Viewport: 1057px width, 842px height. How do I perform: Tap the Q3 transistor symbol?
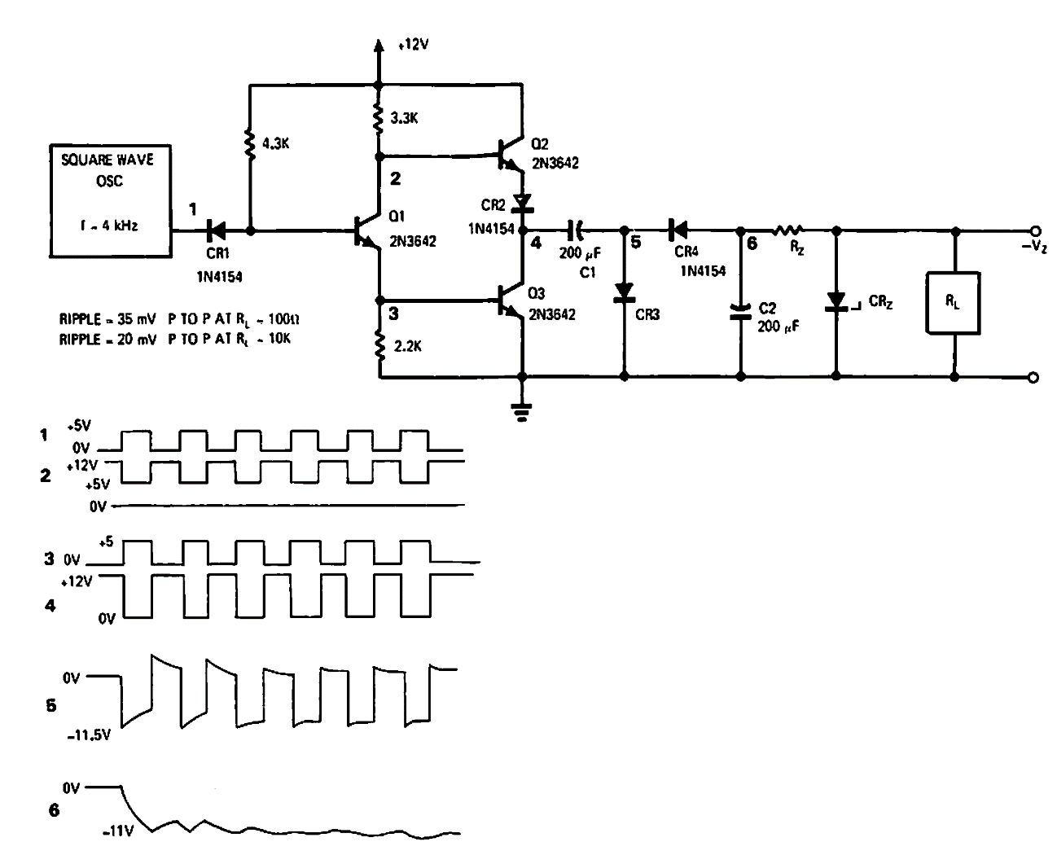(x=508, y=305)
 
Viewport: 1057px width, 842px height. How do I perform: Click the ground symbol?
(x=521, y=411)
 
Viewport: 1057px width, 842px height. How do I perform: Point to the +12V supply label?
(x=414, y=46)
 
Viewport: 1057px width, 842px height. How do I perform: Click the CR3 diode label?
(x=647, y=314)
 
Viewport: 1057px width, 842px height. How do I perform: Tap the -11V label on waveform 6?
(x=118, y=832)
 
